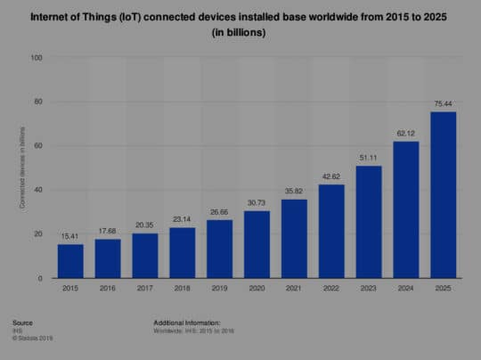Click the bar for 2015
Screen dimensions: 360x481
(x=70, y=261)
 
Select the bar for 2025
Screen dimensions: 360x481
(x=444, y=195)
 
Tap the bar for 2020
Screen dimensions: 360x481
(x=257, y=244)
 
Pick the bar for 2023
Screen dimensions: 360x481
(x=369, y=222)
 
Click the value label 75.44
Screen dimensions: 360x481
(x=444, y=103)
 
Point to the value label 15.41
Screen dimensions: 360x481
(x=70, y=236)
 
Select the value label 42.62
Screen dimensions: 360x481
(x=331, y=176)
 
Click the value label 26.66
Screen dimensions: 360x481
(x=219, y=212)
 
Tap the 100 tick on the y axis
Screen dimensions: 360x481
(x=37, y=58)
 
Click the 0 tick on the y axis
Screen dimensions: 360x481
(x=40, y=279)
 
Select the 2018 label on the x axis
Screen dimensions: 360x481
(x=182, y=289)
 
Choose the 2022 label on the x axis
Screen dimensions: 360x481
(x=331, y=289)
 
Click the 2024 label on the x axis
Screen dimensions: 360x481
(x=406, y=289)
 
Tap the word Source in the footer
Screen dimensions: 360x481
(x=24, y=322)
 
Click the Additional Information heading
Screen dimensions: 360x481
(x=186, y=322)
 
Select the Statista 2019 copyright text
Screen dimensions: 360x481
(x=35, y=336)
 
